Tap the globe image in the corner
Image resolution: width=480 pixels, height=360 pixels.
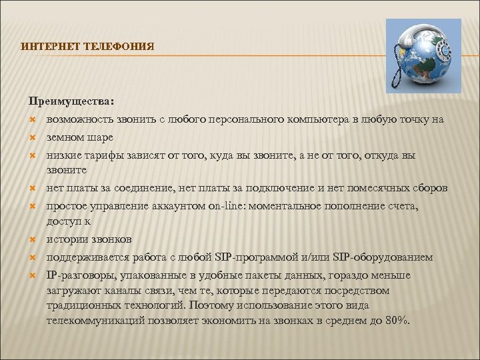pyautogui.click(x=423, y=55)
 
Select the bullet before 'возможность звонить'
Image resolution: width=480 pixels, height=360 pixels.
pyautogui.click(x=31, y=119)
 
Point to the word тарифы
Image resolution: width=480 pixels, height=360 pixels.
pyautogui.click(x=97, y=155)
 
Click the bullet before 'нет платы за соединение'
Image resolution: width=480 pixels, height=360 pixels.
pyautogui.click(x=31, y=189)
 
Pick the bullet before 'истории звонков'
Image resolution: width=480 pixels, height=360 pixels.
pyautogui.click(x=31, y=239)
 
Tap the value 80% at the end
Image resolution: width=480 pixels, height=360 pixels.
pyautogui.click(x=398, y=321)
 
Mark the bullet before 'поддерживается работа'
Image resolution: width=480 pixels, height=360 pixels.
pyautogui.click(x=31, y=257)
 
